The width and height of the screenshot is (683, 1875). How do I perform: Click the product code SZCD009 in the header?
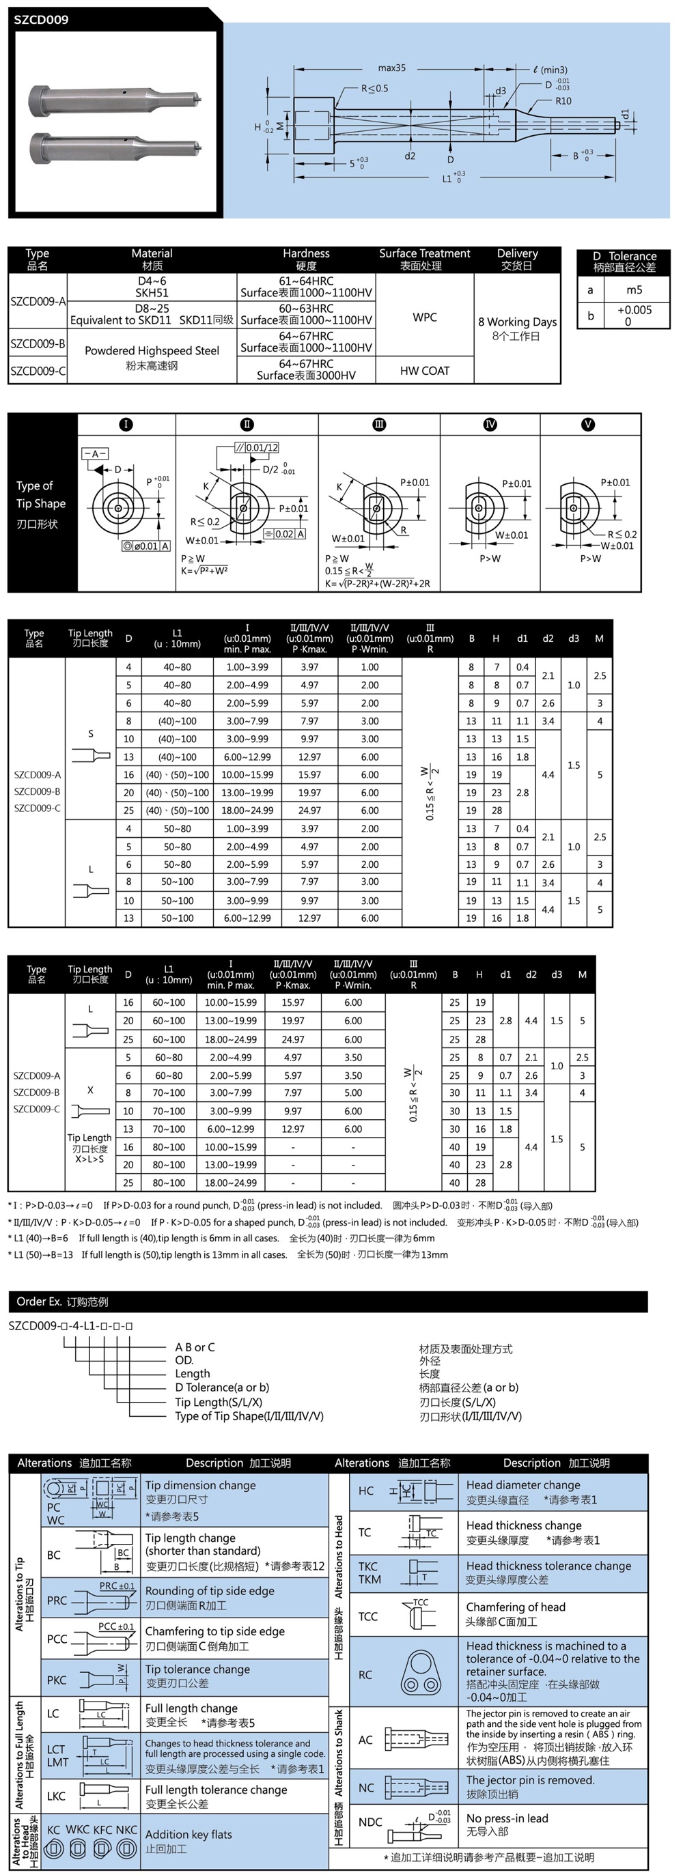(x=42, y=20)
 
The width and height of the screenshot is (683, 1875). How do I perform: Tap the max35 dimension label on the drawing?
(x=392, y=68)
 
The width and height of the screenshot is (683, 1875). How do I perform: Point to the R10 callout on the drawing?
(x=563, y=101)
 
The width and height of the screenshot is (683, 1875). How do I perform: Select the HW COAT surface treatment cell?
(x=425, y=371)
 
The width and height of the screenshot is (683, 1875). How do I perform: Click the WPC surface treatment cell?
(x=425, y=318)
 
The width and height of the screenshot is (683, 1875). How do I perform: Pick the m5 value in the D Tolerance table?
(x=635, y=290)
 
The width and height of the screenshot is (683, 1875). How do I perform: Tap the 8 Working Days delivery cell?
(x=517, y=322)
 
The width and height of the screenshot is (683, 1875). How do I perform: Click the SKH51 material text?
(x=152, y=293)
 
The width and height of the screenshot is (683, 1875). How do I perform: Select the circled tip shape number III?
(x=378, y=424)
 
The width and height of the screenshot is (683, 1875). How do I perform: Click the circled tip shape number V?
(x=587, y=424)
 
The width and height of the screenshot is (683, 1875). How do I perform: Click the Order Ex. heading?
(x=62, y=1301)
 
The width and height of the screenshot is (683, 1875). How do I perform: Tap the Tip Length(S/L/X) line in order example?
(x=219, y=1402)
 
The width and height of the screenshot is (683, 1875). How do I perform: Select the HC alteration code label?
(x=365, y=1491)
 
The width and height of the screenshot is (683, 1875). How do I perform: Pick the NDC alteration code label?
(x=370, y=1822)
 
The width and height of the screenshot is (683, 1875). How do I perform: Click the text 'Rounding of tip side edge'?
(x=210, y=1591)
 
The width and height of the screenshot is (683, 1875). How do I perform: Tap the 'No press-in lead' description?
(x=507, y=1818)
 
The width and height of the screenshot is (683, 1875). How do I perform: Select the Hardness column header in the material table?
(x=306, y=253)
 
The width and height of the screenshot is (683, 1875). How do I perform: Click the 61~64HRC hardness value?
(x=306, y=281)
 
